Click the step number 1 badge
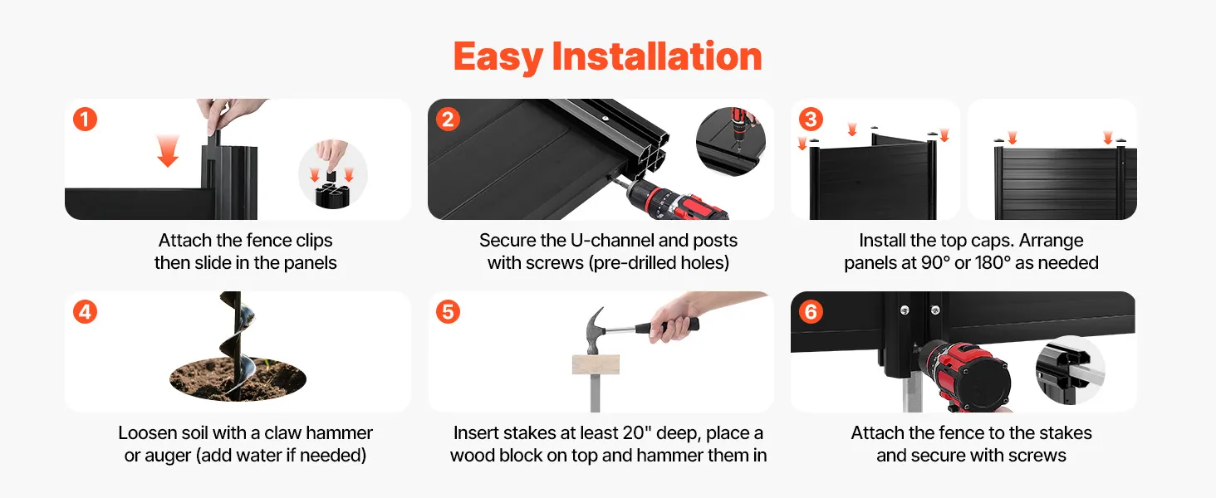pos(86,120)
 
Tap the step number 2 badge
pos(448,120)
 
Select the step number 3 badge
pos(811,120)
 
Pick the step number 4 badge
pos(86,312)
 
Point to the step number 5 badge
pos(448,312)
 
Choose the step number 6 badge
pos(811,312)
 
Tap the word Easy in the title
pos(498,57)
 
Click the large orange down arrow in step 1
pos(168,151)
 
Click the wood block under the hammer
pos(596,364)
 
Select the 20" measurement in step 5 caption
pos(633,433)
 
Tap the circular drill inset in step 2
pos(731,142)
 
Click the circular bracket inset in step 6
pos(1071,370)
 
